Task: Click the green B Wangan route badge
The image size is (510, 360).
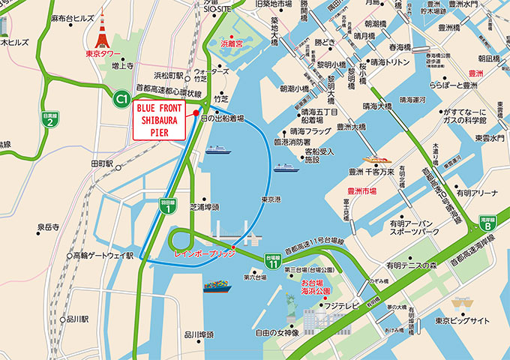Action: coord(487,222)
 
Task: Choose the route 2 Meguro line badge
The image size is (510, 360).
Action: coord(49,121)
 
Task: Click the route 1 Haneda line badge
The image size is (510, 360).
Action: coord(170,207)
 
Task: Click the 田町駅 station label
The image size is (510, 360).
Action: coord(102,163)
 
